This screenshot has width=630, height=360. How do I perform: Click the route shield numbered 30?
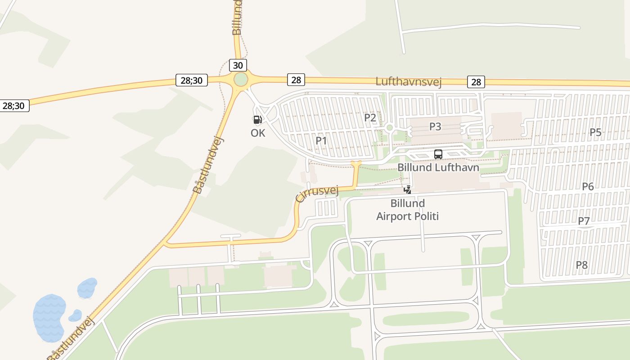click(x=238, y=65)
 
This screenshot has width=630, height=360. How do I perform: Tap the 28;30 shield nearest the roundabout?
click(x=191, y=81)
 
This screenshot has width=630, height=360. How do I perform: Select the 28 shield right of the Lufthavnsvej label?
click(x=476, y=82)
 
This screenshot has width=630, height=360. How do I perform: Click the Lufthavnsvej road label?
click(x=408, y=81)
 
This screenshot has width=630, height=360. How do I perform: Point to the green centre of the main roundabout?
click(x=241, y=80)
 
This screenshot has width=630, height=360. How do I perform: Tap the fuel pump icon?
click(x=257, y=120)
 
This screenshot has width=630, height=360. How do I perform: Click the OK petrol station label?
click(x=258, y=133)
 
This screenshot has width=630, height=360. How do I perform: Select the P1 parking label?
click(x=321, y=140)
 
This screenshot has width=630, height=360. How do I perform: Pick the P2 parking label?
click(x=370, y=118)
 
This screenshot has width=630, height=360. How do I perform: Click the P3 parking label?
click(x=435, y=126)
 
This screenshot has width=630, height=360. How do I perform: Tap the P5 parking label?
click(x=595, y=132)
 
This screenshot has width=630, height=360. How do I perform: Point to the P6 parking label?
click(x=588, y=186)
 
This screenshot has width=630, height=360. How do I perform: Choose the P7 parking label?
click(x=584, y=221)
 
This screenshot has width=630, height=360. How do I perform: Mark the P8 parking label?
click(x=582, y=265)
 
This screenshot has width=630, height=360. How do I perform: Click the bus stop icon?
click(x=438, y=154)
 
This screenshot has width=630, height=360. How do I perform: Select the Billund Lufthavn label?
click(x=438, y=167)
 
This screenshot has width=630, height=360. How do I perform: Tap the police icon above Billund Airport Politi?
click(x=407, y=189)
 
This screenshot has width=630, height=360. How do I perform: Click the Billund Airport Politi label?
click(x=407, y=210)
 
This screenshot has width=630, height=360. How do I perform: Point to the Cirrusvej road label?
click(x=317, y=194)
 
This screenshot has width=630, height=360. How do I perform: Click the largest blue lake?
click(x=49, y=317)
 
